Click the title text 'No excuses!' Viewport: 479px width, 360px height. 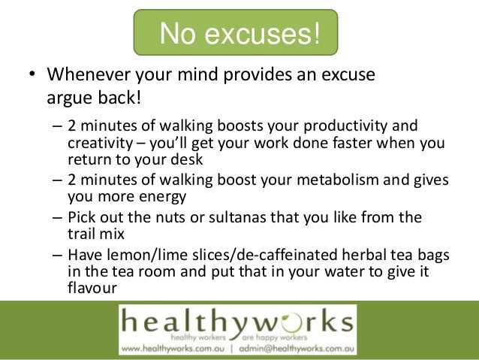pyautogui.click(x=239, y=33)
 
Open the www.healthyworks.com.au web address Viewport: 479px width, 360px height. pyautogui.click(x=174, y=348)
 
